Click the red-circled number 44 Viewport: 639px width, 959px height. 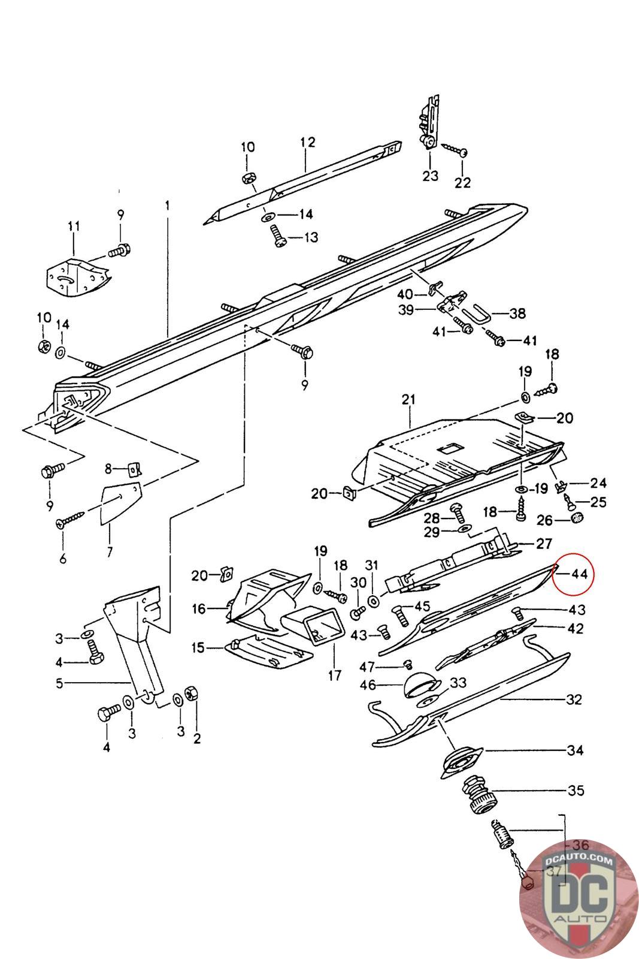coord(580,574)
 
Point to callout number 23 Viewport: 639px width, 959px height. coord(430,176)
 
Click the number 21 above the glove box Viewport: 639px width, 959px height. coord(408,399)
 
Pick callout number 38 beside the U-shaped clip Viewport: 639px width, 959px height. coord(517,313)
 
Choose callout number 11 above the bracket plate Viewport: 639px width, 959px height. coord(74,226)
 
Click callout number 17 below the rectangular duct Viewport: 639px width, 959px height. coord(335,675)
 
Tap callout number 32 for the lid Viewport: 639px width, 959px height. coord(574,699)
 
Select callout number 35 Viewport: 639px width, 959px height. coord(576,790)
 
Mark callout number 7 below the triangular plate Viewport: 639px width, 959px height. coord(110,551)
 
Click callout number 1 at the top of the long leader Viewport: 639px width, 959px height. coord(167,206)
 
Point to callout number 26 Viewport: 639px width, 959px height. coord(544,520)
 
